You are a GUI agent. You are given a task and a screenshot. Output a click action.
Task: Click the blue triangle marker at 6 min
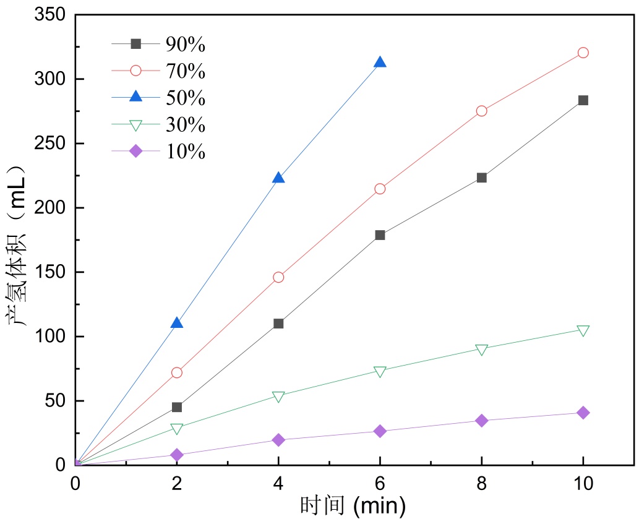point(380,62)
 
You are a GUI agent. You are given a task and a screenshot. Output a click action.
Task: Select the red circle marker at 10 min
point(583,53)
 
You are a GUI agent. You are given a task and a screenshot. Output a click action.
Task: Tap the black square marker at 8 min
point(481,178)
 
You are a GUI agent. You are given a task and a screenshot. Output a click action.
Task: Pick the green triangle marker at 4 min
point(278,397)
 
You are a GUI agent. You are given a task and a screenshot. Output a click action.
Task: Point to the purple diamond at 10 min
point(583,413)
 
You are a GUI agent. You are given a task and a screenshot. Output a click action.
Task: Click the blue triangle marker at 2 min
point(177,323)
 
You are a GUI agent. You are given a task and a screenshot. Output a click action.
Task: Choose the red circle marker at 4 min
point(278,277)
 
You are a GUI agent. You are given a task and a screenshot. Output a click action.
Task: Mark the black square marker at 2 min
point(177,407)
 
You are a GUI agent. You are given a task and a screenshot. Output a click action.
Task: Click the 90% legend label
point(185,45)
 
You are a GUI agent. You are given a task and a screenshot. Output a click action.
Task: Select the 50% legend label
point(185,98)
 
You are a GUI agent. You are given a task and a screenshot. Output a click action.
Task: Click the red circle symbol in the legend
point(136,71)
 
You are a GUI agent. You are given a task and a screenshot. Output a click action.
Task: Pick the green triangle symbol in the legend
point(136,125)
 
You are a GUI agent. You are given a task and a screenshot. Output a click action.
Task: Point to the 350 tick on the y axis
point(51,15)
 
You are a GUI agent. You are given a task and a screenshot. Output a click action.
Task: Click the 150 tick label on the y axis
point(51,272)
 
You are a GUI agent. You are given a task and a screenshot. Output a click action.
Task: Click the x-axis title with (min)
point(353,507)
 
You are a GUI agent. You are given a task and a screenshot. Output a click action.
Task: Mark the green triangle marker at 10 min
point(583,331)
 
